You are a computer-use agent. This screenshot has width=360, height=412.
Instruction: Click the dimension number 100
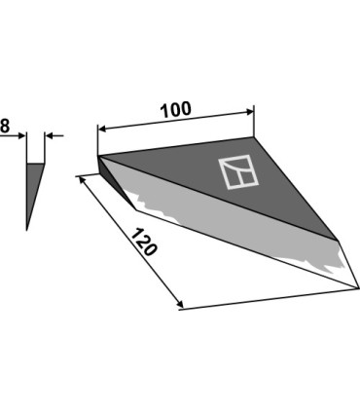pyautogui.click(x=176, y=110)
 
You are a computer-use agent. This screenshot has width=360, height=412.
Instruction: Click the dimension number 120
pyautogui.click(x=145, y=243)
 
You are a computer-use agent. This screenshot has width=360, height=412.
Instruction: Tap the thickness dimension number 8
pyautogui.click(x=5, y=126)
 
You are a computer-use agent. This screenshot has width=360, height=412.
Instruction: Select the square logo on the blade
pyautogui.click(x=238, y=172)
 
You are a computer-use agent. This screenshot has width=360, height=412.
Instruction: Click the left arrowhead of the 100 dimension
pyautogui.click(x=102, y=130)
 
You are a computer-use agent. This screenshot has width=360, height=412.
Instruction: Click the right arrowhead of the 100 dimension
pyautogui.click(x=250, y=112)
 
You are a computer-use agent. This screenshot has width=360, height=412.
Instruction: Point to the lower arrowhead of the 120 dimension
pyautogui.click(x=180, y=304)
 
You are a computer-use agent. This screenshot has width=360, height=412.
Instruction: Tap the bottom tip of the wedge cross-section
pyautogui.click(x=27, y=230)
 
